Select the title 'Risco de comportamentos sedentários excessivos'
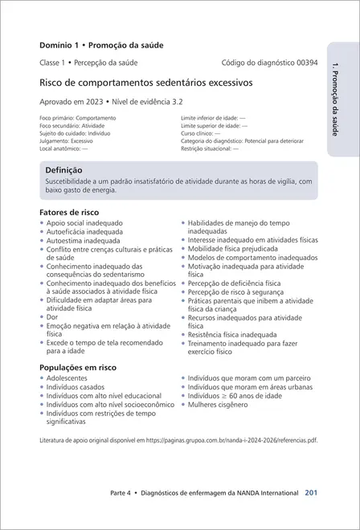pos(145,82)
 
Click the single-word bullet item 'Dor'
pos(52,317)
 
